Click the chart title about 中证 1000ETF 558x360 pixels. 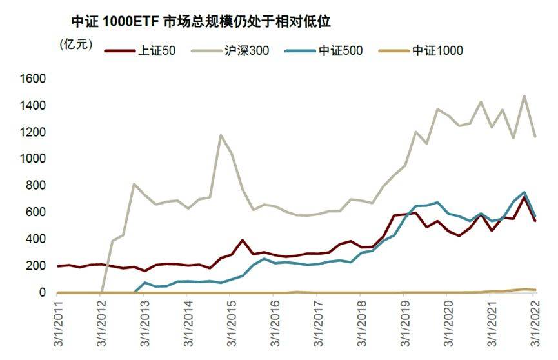point(201,21)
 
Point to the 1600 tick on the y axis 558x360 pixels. point(33,79)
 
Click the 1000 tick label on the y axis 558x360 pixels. point(33,159)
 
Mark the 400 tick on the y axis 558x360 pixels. point(36,239)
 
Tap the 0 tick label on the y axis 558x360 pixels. point(42,293)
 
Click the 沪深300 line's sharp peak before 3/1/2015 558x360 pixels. point(221,135)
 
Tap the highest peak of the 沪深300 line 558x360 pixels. point(524,96)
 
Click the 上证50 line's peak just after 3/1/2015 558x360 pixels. point(243,240)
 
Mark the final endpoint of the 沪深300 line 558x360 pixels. point(535,136)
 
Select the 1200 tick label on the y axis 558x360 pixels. point(33,132)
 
